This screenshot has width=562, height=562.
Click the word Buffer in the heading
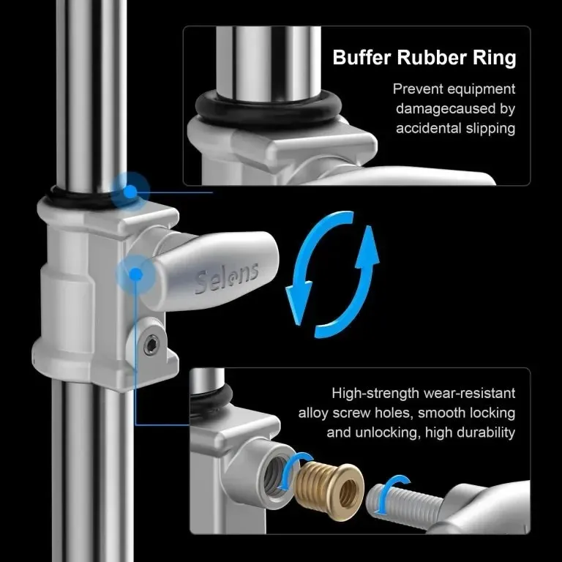coord(361,57)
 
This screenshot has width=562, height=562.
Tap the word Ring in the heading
coord(495,58)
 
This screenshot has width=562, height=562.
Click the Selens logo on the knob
coord(227,279)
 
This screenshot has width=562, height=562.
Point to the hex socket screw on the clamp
coord(151,345)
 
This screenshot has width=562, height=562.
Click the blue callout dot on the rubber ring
coord(131,191)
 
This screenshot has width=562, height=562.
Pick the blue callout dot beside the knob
coord(136,275)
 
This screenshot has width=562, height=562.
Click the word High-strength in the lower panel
coord(375,394)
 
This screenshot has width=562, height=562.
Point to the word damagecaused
coord(446,109)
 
